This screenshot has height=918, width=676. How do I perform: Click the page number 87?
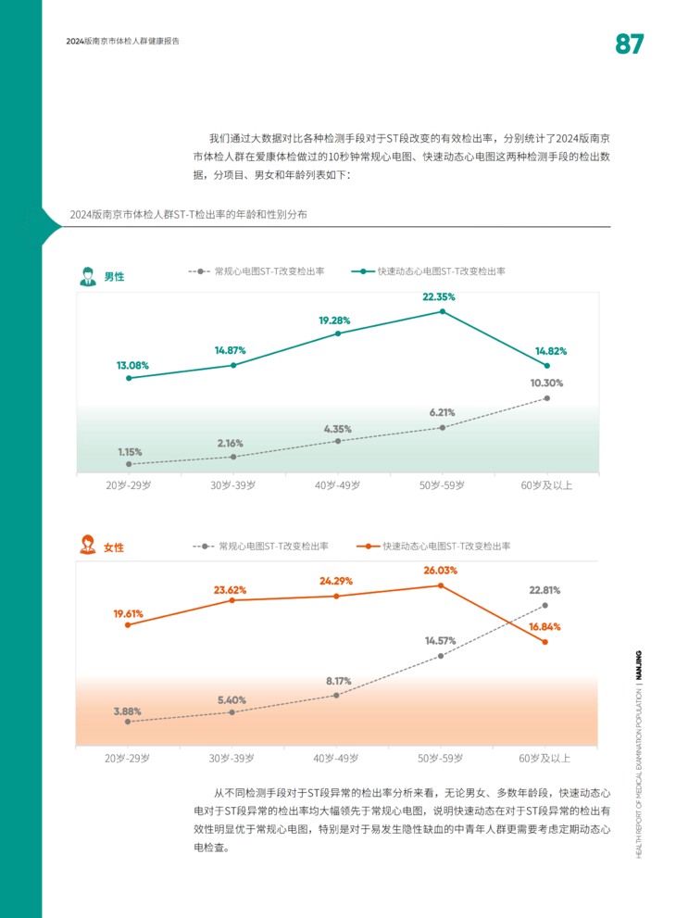click(629, 44)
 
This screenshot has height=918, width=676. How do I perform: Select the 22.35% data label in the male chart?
click(439, 297)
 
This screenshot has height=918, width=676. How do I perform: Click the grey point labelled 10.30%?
click(547, 398)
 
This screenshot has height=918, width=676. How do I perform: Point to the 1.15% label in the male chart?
click(130, 451)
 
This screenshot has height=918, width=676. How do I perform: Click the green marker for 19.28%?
click(338, 333)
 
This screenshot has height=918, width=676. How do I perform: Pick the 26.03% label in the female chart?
click(440, 571)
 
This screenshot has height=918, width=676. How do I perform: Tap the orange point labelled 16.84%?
click(545, 642)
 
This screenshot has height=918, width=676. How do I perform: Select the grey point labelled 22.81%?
click(545, 605)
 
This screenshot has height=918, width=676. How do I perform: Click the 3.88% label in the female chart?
click(128, 711)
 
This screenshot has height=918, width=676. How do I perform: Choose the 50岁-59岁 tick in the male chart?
click(442, 485)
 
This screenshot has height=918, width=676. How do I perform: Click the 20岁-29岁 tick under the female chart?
click(128, 758)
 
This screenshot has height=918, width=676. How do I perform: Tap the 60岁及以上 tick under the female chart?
click(545, 758)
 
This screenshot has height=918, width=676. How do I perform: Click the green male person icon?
click(87, 275)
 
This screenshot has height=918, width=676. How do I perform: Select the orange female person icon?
click(87, 546)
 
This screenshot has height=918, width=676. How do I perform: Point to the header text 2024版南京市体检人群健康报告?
click(123, 42)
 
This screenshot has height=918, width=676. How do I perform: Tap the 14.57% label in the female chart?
click(441, 640)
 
